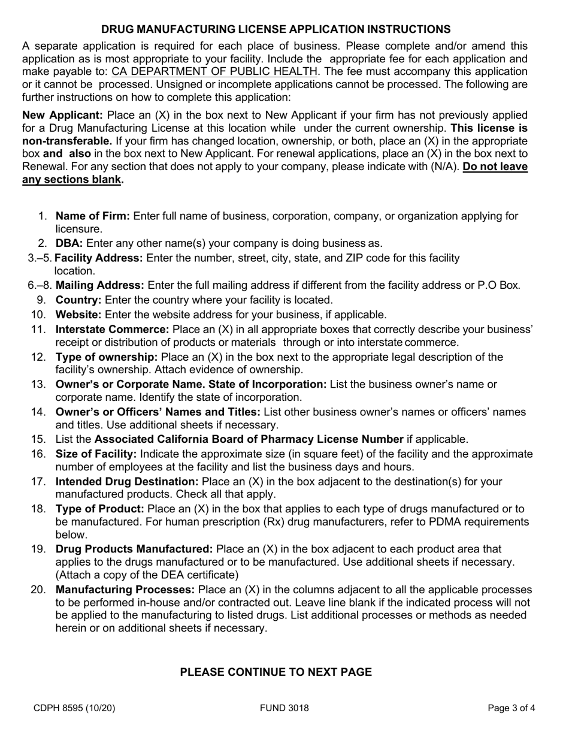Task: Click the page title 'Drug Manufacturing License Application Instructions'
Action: point(276,29)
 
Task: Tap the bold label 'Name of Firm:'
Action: point(92,216)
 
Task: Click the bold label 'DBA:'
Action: point(69,243)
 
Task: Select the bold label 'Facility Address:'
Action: point(99,258)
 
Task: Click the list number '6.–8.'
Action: point(40,285)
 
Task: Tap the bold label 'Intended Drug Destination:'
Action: point(127,481)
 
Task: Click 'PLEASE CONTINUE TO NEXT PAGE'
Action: point(276,672)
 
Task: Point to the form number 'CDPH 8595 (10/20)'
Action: point(74,708)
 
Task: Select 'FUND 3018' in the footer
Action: point(284,708)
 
